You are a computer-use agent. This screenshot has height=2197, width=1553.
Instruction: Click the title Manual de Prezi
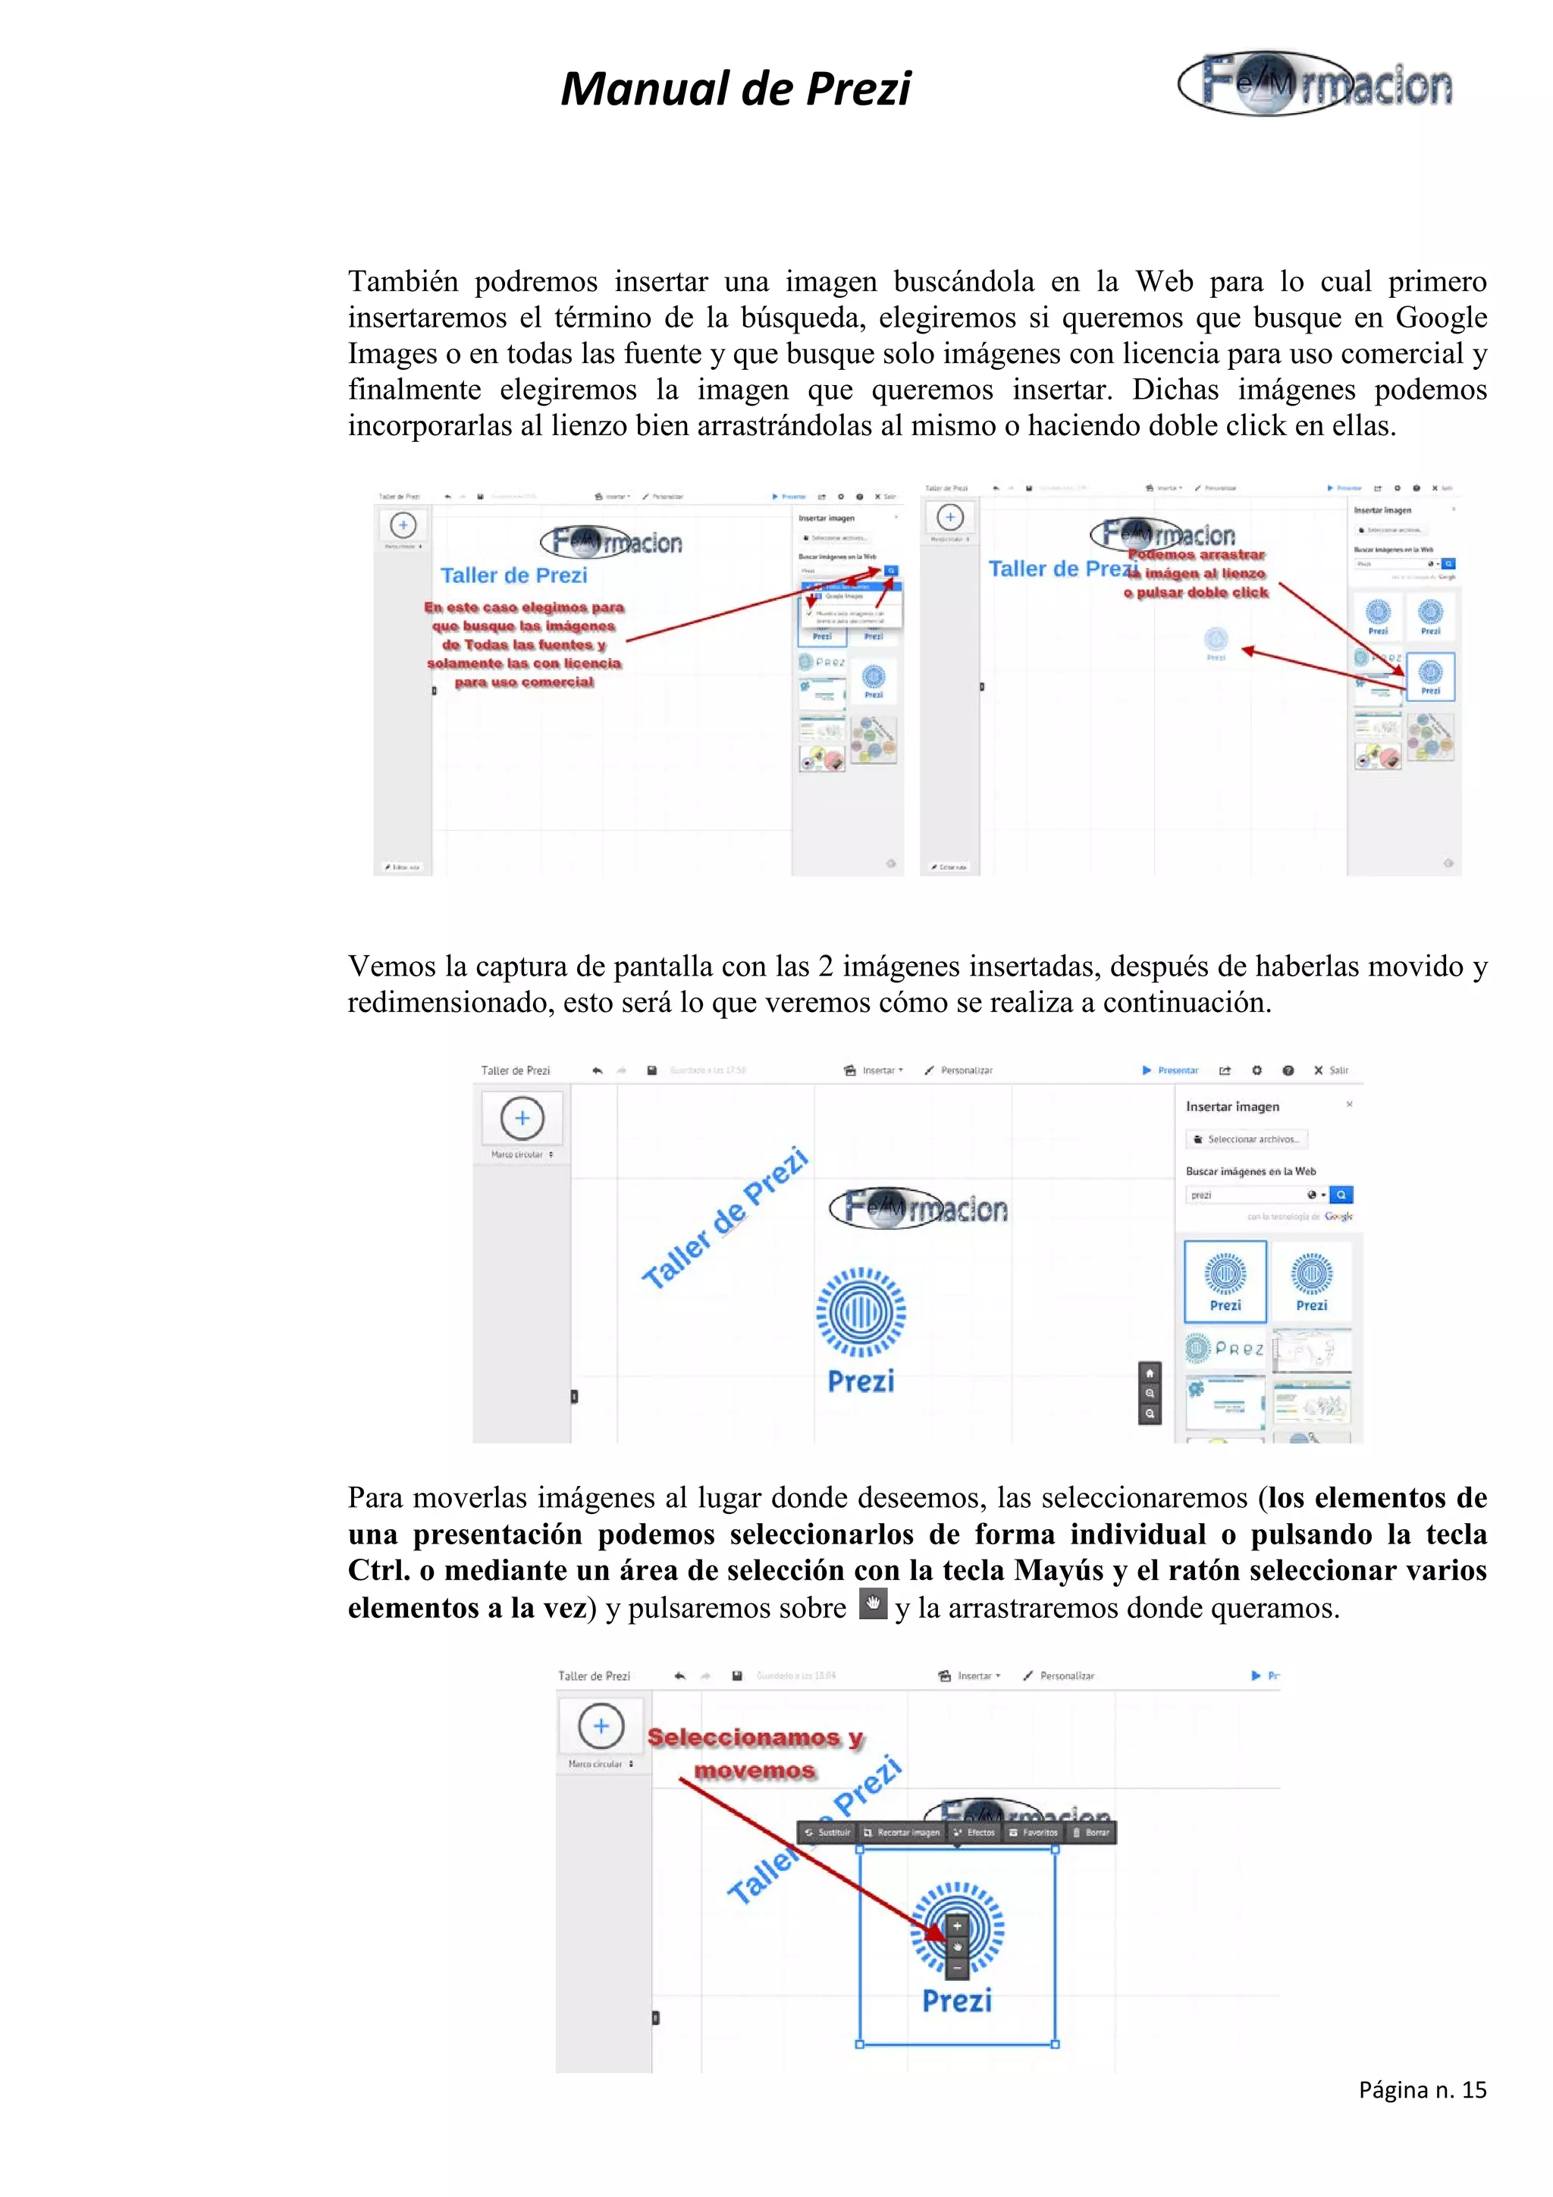tap(735, 89)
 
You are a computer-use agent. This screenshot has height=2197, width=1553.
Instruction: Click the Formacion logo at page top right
tap(1315, 83)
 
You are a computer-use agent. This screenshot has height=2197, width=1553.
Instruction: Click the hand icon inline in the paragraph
tap(872, 1603)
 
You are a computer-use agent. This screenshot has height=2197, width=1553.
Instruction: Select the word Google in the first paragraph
tap(1440, 318)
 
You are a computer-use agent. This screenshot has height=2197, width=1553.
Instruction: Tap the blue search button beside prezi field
tap(1341, 1194)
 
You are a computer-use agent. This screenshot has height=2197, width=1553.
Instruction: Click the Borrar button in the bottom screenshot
tap(1091, 1832)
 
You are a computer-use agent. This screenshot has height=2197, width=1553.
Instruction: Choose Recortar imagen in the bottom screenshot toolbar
tap(902, 1832)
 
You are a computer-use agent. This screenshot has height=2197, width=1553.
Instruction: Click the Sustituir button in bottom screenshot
tap(828, 1832)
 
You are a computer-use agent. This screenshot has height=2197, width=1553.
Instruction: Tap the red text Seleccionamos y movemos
tap(755, 1753)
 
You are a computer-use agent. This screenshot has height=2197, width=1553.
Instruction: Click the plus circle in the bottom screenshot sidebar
tap(601, 1725)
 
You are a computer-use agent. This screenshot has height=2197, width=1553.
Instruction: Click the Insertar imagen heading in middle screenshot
tap(1231, 1106)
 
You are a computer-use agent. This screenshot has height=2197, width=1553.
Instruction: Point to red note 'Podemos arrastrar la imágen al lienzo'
tap(1196, 573)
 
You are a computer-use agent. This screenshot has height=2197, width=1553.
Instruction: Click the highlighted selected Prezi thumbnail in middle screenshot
tap(1225, 1280)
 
